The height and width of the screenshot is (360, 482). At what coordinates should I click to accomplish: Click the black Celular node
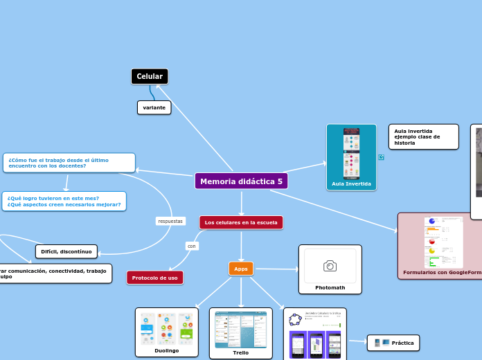tap(150, 76)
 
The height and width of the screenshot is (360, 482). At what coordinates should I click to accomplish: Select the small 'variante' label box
tap(154, 108)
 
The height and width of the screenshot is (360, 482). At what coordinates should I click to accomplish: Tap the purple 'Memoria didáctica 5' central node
tap(241, 181)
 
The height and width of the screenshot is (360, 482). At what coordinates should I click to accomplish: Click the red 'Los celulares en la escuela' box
tap(241, 223)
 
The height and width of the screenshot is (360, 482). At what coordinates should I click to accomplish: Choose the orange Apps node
tap(241, 269)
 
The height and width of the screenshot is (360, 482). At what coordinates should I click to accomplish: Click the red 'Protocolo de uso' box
tap(154, 278)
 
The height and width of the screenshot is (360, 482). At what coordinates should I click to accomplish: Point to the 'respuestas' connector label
tap(170, 221)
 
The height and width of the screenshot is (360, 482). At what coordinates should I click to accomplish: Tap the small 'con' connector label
tap(192, 246)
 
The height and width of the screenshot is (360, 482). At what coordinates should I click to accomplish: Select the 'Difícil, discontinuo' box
tap(66, 251)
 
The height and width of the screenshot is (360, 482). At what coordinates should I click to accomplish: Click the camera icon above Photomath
tap(330, 266)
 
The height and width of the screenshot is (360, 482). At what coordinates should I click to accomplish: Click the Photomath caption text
tap(330, 287)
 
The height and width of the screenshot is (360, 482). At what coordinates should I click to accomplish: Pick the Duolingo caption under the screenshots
tap(166, 351)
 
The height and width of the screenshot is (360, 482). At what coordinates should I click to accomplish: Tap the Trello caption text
tap(241, 352)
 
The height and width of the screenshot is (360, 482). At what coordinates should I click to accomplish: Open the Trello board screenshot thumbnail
tap(241, 330)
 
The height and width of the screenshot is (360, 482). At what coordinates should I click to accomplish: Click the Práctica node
tap(393, 343)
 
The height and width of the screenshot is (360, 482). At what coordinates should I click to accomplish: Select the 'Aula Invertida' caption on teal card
tap(351, 184)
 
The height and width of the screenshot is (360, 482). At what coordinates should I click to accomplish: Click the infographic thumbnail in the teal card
tap(352, 153)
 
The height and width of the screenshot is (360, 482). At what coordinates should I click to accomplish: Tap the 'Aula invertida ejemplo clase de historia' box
tap(423, 136)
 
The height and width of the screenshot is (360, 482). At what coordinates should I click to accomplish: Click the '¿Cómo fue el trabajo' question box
tap(69, 163)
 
